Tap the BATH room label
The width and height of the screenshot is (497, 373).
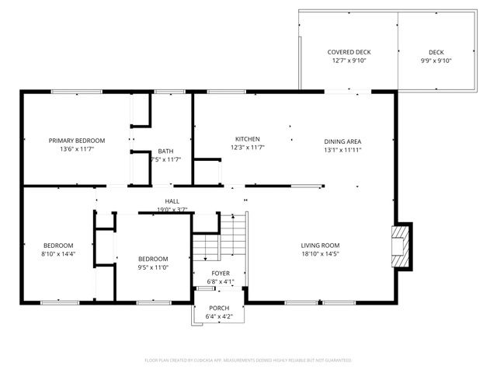[165, 151]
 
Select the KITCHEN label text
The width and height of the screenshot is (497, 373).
[248, 138]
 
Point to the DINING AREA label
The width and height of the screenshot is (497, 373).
[342, 141]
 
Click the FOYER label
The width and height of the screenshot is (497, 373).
[221, 274]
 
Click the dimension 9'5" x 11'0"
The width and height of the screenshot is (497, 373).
[153, 267]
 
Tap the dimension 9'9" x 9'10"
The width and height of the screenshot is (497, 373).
[436, 61]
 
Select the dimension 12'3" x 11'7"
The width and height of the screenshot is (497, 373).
[248, 147]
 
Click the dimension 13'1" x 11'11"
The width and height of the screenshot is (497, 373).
[342, 150]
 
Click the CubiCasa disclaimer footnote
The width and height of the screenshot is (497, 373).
[248, 361]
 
